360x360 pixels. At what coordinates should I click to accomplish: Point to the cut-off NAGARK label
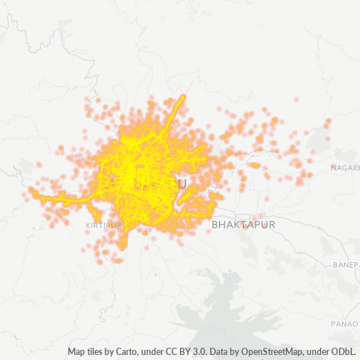pyautogui.click(x=344, y=168)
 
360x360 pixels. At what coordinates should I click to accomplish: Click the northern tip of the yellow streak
pyautogui.click(x=184, y=96)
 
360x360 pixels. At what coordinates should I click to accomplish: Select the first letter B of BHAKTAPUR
pyautogui.click(x=215, y=225)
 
